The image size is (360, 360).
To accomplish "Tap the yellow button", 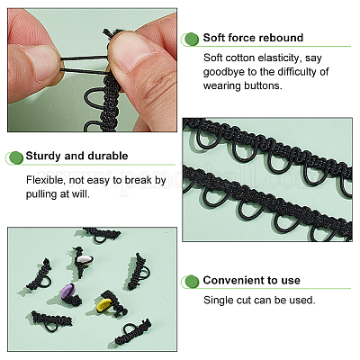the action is click(104, 304).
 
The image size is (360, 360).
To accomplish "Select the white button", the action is click(85, 259).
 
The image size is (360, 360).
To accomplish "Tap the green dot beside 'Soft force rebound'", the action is click(192, 40).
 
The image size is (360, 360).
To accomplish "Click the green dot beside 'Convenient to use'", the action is click(192, 282).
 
